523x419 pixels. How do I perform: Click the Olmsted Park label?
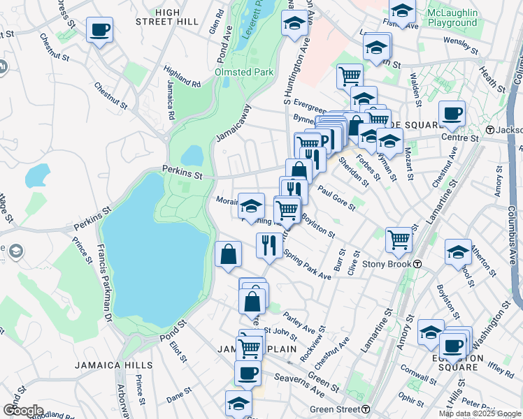[x=243, y=72]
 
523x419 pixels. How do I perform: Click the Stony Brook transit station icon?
[x=417, y=264]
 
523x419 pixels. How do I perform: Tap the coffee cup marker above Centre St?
[x=452, y=113]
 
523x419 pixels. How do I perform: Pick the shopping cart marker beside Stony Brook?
[x=399, y=240]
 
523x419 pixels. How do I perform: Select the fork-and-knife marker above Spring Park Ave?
[x=269, y=244]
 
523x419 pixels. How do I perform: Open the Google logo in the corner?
[x=23, y=411]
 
